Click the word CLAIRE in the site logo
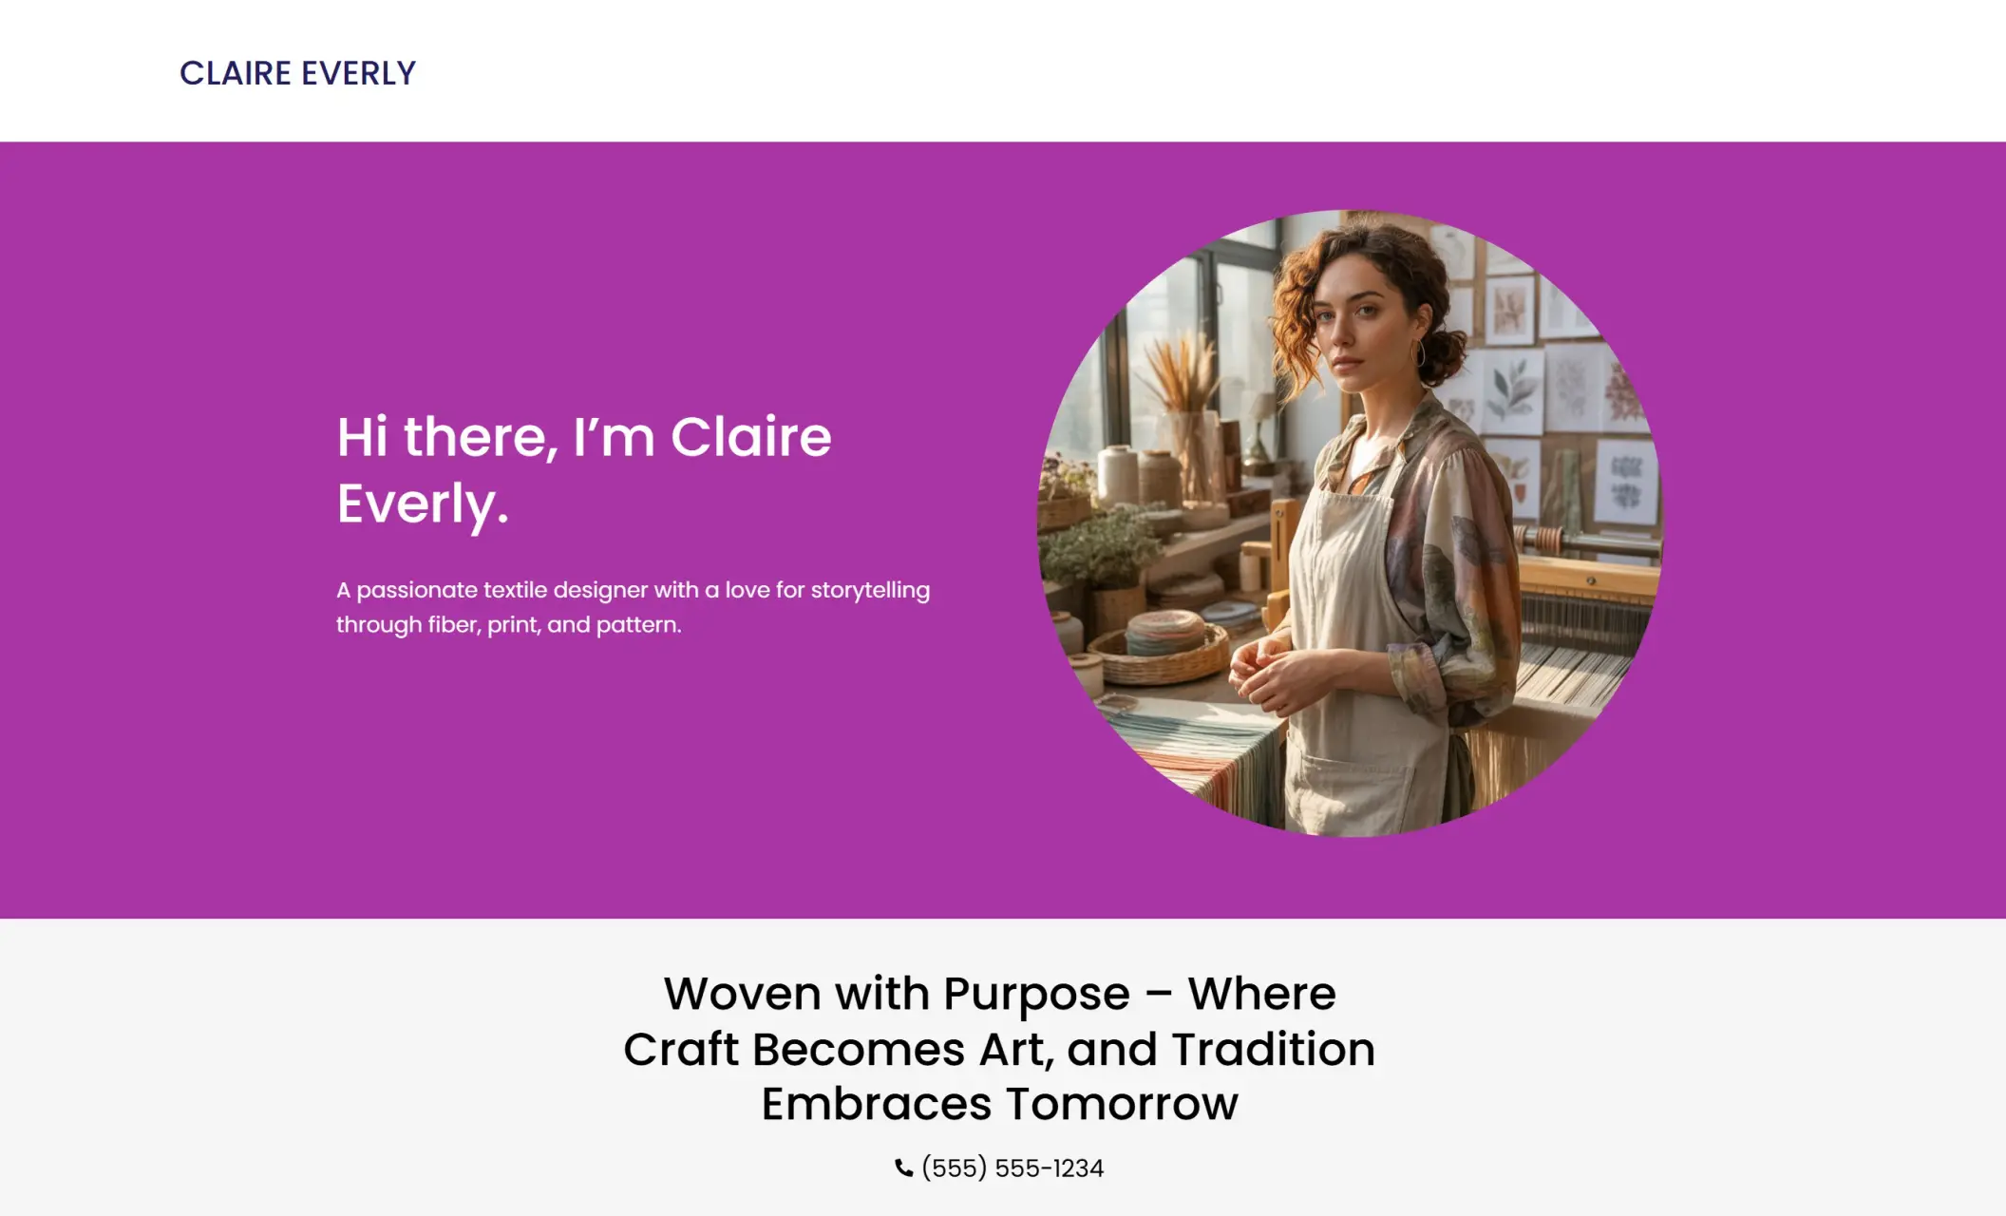236,73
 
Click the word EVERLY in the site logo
359,73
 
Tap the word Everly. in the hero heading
423,503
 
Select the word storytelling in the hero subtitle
870,590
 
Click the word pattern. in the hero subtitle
638,625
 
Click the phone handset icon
903,1168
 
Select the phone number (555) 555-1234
1012,1168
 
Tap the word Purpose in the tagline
1036,994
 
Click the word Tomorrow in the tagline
1122,1104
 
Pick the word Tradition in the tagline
1273,1049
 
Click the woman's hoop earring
1420,354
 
